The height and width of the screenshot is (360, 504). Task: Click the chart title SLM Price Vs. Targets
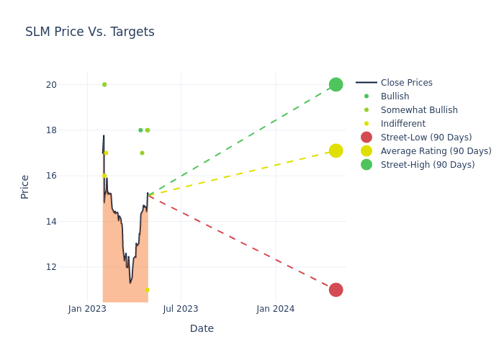coord(90,32)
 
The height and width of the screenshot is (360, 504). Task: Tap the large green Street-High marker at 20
coord(336,84)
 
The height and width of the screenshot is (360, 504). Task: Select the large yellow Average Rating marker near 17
coord(336,150)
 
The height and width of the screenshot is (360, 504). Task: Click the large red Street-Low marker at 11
coord(336,289)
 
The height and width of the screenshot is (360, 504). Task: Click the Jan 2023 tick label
coord(88,309)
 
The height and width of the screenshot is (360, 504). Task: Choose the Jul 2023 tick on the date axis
coord(181,309)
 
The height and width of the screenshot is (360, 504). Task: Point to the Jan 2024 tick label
coord(275,309)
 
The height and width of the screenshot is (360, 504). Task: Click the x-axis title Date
coord(202,329)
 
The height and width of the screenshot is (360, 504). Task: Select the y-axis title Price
coord(25,186)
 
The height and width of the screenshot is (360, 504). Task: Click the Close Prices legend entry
coord(406,83)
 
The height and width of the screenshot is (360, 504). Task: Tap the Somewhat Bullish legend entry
coord(419,110)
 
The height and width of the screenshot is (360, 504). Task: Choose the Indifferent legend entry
coord(402,124)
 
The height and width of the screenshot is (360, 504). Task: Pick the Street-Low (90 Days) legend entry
coord(426,138)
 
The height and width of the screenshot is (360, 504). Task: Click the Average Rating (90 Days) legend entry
coord(436,151)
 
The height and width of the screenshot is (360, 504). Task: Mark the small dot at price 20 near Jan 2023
coord(104,84)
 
